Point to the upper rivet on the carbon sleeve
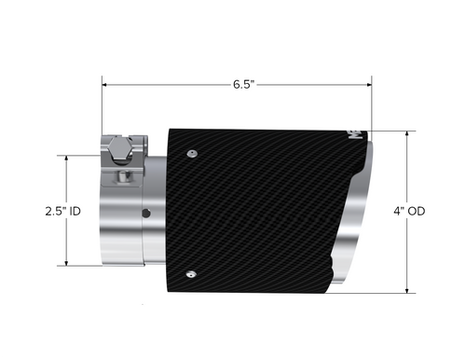click(x=191, y=151)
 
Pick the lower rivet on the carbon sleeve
click(x=191, y=273)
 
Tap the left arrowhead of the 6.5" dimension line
click(x=106, y=84)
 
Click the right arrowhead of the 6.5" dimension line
click(x=369, y=84)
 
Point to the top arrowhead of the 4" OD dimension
click(x=407, y=132)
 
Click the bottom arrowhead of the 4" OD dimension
click(x=407, y=292)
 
